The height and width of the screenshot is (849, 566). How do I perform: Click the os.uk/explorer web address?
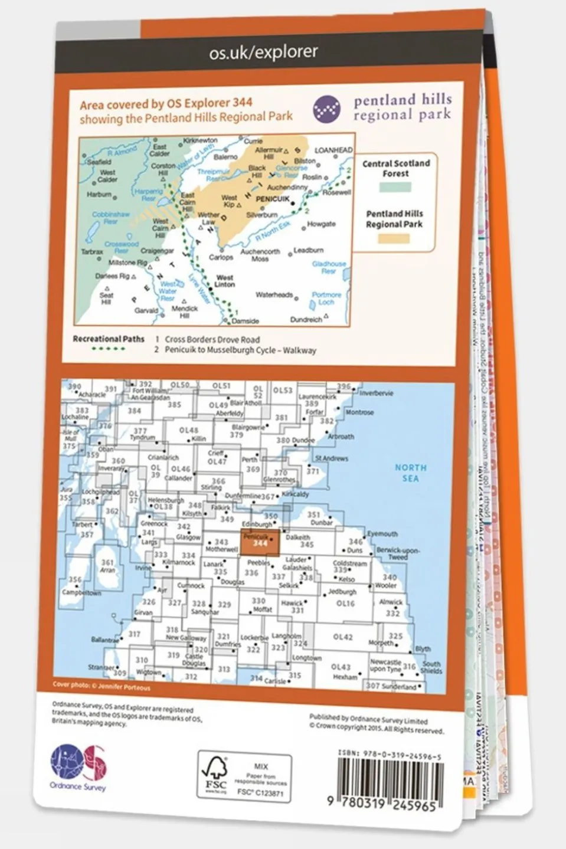point(263,52)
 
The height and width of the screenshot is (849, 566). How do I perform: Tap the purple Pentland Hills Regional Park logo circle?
point(326,110)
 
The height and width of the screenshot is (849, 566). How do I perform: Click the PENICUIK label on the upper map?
point(273,199)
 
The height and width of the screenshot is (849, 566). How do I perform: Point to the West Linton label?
point(225,281)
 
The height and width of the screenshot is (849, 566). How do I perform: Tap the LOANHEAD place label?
point(333,150)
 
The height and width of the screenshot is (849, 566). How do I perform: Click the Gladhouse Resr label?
point(329,267)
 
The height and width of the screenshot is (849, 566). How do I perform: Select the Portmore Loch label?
point(326,298)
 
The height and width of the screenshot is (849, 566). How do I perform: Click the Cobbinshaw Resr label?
point(110,218)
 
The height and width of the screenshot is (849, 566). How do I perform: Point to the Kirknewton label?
point(200,141)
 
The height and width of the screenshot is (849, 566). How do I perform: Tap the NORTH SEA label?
point(410,473)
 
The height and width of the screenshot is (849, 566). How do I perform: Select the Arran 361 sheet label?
point(107,566)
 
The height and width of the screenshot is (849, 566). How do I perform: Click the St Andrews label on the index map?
point(331,458)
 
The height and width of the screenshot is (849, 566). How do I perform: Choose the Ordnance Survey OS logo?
point(78,763)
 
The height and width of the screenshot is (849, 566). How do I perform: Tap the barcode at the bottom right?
point(390,779)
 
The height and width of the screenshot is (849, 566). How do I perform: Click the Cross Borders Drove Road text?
point(212,339)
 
